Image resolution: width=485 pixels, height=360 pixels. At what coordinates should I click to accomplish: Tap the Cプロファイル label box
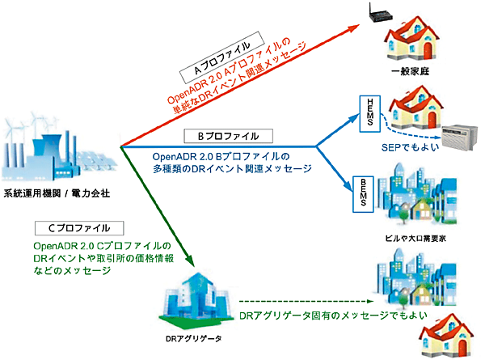coord(79,228)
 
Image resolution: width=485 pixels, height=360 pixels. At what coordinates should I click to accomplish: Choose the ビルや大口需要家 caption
coord(420,240)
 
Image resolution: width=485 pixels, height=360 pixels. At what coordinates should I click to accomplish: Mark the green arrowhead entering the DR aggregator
coord(190,260)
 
